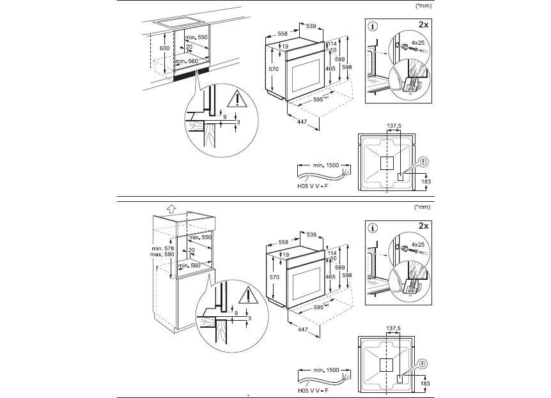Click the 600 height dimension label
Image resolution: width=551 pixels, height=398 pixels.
(147, 49)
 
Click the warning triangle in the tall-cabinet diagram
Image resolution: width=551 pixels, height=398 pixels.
(246, 296)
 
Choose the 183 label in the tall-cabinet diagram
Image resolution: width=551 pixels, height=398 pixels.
(426, 382)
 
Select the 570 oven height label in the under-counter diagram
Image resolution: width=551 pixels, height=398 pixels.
(274, 68)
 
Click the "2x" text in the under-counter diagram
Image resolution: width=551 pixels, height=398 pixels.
(423, 25)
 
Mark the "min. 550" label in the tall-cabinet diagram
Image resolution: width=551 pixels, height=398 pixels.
(198, 237)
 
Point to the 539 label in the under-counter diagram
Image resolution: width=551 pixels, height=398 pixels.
(311, 26)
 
